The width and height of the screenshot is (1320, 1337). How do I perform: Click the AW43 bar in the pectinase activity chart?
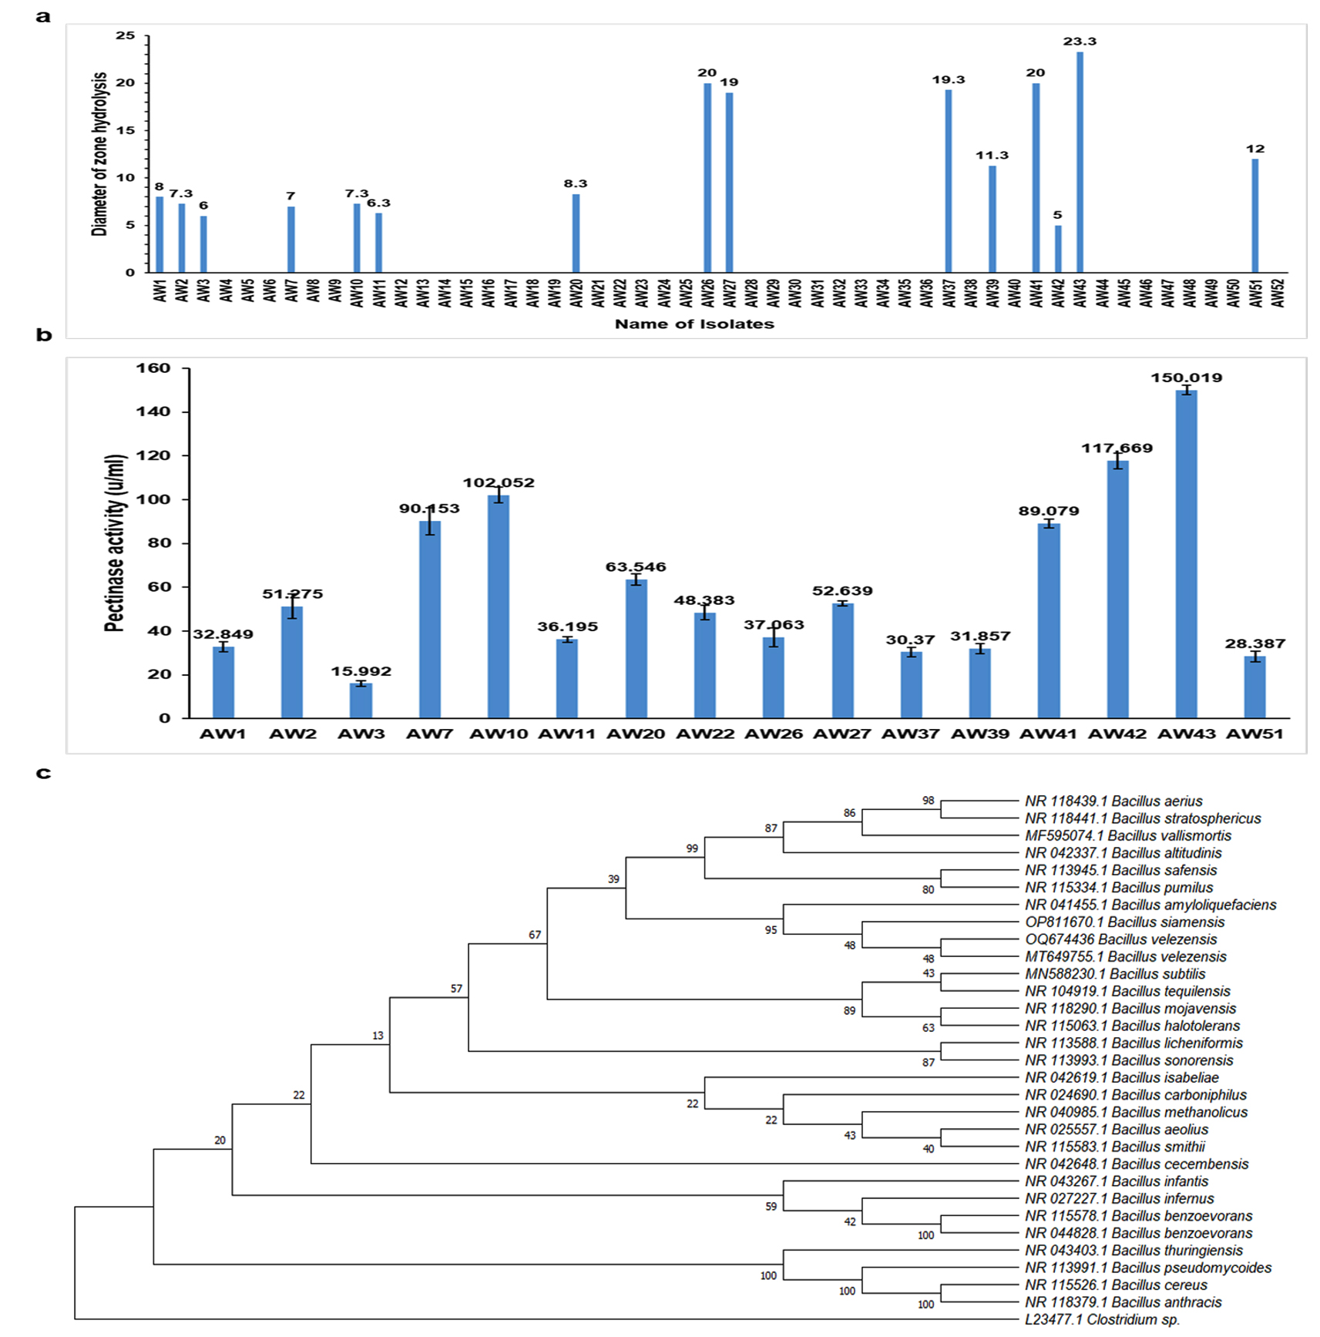[1186, 555]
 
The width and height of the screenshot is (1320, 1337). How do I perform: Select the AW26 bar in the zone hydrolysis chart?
[707, 177]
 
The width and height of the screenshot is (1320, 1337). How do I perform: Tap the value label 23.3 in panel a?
[1080, 42]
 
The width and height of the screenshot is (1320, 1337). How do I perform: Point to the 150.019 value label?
[1186, 378]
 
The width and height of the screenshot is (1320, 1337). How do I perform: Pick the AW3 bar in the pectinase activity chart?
[361, 700]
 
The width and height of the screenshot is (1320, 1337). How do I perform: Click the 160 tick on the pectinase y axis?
[153, 368]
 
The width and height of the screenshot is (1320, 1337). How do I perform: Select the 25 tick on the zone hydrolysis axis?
[125, 35]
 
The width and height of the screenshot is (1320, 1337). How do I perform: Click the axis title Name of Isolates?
[694, 324]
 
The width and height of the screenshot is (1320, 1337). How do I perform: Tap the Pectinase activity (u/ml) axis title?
[114, 543]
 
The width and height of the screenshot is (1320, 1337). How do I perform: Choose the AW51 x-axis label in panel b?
[1255, 734]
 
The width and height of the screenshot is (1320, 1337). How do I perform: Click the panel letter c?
[43, 773]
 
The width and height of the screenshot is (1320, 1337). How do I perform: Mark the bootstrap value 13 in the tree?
[378, 1036]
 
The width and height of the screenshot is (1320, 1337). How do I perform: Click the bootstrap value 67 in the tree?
[535, 935]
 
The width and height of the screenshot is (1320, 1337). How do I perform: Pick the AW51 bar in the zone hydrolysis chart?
[1255, 216]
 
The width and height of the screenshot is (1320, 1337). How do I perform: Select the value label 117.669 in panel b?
[1117, 448]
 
